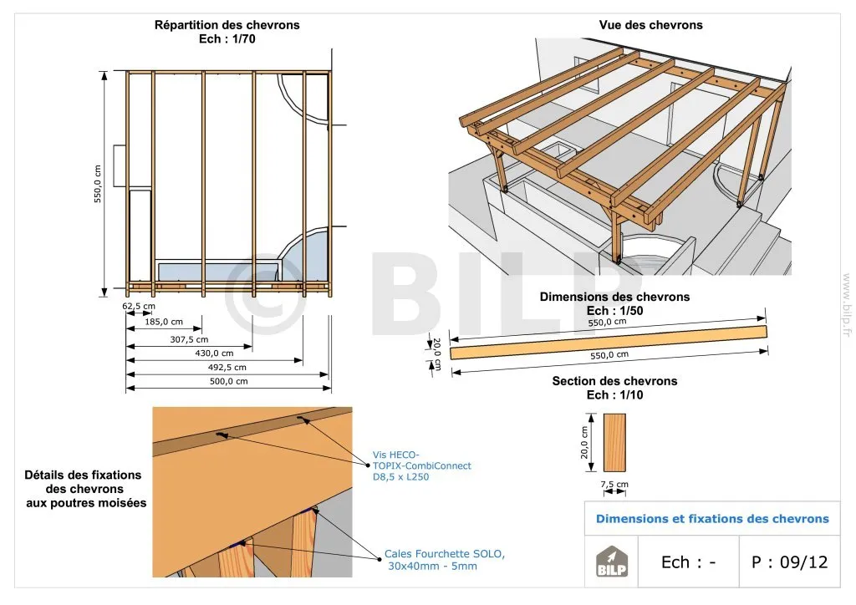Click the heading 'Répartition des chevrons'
click(x=227, y=25)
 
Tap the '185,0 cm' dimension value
click(x=163, y=321)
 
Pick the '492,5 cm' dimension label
click(x=227, y=367)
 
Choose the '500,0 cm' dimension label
click(x=228, y=381)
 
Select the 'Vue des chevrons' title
click(x=650, y=25)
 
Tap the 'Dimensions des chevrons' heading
click(x=614, y=297)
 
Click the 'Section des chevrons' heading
click(x=614, y=381)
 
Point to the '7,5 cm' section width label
click(x=614, y=485)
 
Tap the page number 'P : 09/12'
click(x=789, y=562)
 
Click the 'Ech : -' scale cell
click(x=688, y=562)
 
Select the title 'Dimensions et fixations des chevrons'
click(x=712, y=519)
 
